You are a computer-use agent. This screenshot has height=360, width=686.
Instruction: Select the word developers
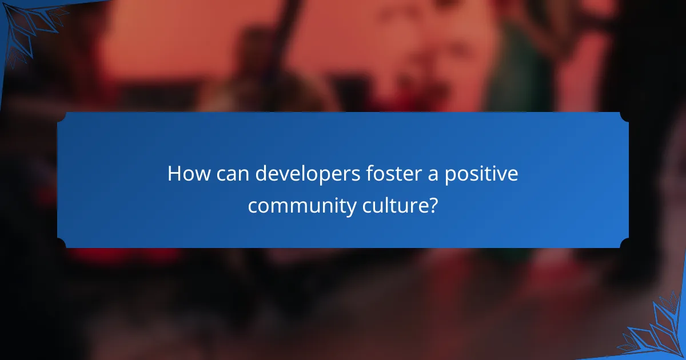coord(305,174)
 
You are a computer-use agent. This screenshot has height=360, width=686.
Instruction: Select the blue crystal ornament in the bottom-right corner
coord(657,331)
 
